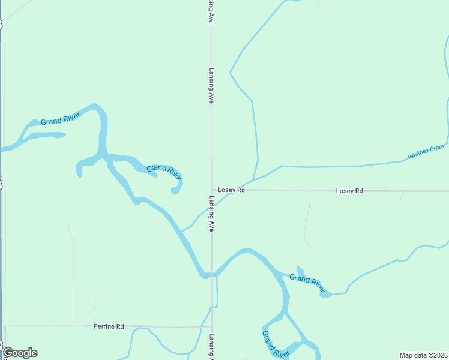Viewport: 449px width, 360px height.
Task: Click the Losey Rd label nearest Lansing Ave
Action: [x=231, y=190]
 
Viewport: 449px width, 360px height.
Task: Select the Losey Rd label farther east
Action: [x=349, y=191]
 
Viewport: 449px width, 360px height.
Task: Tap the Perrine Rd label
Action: [x=109, y=326]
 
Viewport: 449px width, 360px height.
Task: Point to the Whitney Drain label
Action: [x=426, y=152]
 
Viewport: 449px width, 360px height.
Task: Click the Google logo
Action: [x=20, y=353]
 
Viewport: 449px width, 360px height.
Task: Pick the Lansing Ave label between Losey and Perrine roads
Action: [x=212, y=214]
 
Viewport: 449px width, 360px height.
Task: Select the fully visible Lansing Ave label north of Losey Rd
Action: [x=212, y=85]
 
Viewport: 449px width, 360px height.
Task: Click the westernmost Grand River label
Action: [x=60, y=119]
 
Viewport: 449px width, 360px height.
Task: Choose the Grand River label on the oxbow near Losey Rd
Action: [x=164, y=171]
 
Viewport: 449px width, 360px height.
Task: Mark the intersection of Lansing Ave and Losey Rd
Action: [x=212, y=191]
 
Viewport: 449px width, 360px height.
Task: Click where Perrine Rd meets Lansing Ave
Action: [x=212, y=328]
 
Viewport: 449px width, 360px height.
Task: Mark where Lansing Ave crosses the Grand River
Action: [x=212, y=275]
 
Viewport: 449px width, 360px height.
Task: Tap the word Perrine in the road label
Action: [x=104, y=326]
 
